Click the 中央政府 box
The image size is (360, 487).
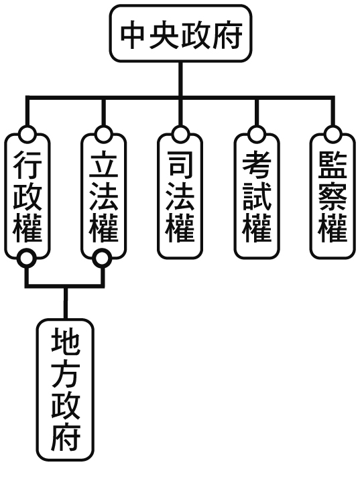coord(180,33)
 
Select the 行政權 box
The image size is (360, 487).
coord(27,196)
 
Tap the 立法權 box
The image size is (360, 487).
coord(103,196)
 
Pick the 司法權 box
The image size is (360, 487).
coord(180,196)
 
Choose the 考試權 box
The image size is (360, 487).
coord(257,196)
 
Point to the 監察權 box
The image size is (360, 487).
coord(333,196)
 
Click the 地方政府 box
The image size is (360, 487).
coord(65,390)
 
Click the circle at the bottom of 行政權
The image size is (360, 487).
coord(27,259)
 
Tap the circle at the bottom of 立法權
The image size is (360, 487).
coord(103,259)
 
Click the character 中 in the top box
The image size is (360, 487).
coord(133,34)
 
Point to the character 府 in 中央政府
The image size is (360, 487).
coord(227,34)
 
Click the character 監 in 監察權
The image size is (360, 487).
coord(333,165)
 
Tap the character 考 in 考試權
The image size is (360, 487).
coord(257,165)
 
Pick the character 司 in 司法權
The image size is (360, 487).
coord(180,165)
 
